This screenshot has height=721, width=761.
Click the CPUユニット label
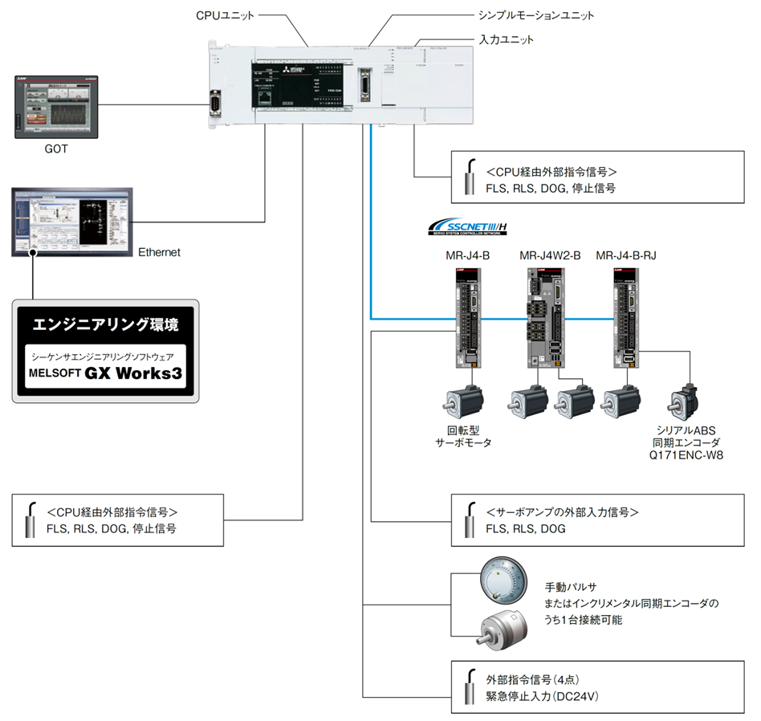(225, 15)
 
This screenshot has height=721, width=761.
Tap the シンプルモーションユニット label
(535, 15)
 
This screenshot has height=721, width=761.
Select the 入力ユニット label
(506, 39)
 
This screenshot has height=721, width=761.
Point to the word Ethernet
(159, 252)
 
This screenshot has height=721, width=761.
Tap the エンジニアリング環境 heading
(106, 324)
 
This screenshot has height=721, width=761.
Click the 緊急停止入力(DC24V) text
(543, 696)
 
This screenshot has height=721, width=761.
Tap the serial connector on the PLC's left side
(216, 105)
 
